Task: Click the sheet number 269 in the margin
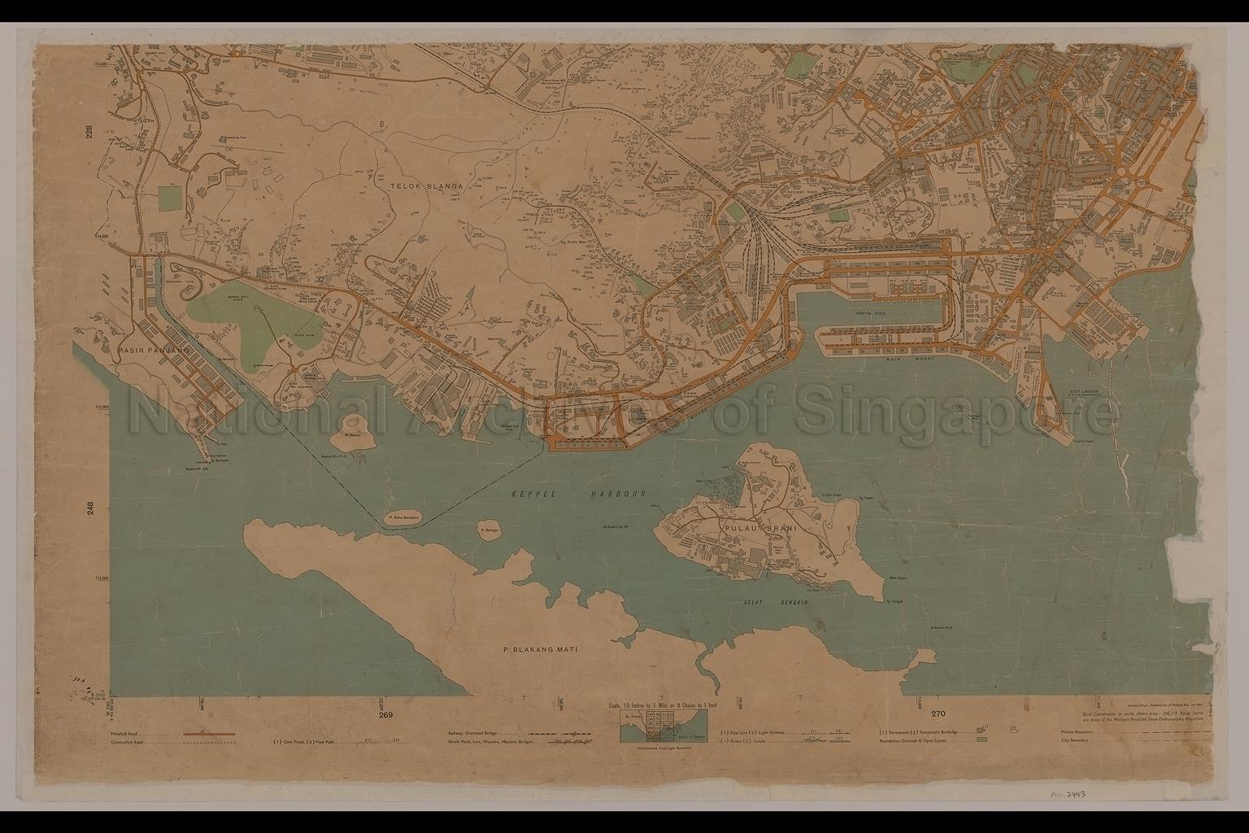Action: pyautogui.click(x=385, y=715)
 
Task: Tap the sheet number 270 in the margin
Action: pyautogui.click(x=938, y=714)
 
